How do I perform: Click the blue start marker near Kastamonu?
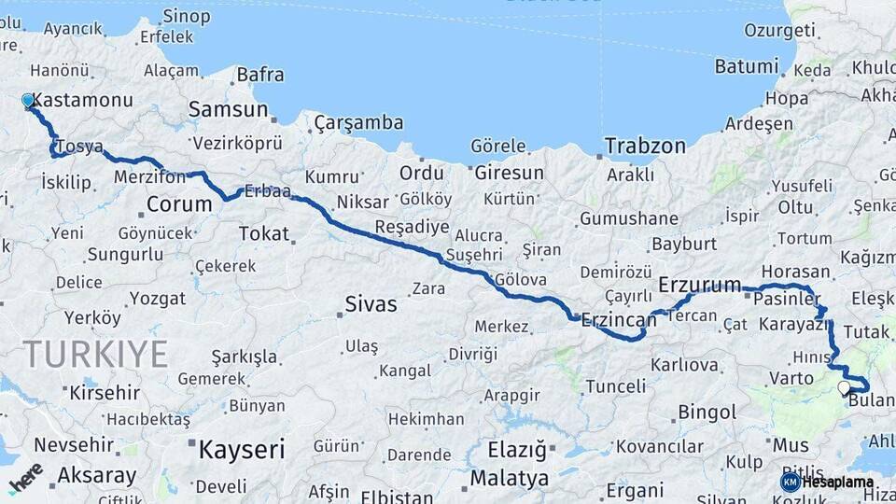pos(28,101)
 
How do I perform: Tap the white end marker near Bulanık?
pos(844,388)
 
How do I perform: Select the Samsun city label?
pos(228,109)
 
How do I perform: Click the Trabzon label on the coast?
pos(645,146)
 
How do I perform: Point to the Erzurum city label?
pos(699,284)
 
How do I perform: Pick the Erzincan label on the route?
pos(619,319)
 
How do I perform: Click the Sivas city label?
pos(371,304)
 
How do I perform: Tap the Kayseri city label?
pos(241,450)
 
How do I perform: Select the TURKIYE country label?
pos(95,355)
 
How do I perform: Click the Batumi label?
pos(746,66)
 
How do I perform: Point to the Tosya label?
pos(79,147)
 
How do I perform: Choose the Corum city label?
pos(179,204)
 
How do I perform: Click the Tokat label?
pos(264,233)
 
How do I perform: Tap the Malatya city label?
pos(509,479)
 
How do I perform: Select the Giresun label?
pos(509,173)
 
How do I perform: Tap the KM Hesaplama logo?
pos(827,482)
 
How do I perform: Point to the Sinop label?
pos(186,15)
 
